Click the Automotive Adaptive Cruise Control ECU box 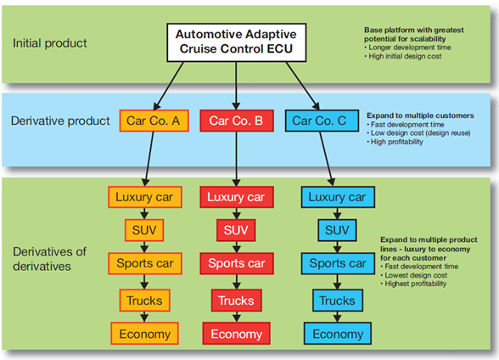[236, 42]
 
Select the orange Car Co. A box [154, 121]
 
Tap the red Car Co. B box [237, 121]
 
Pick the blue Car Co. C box [322, 121]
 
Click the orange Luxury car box [145, 197]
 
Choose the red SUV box [236, 230]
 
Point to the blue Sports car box [338, 263]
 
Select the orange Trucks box [145, 301]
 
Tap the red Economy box [237, 334]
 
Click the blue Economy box [338, 334]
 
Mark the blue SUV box [337, 230]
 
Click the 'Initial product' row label [49, 43]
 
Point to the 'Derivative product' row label [60, 121]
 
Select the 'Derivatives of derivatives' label [49, 259]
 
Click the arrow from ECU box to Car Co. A [169, 86]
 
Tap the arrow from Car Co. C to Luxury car [327, 159]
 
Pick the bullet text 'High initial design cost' [403, 56]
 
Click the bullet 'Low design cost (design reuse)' [418, 133]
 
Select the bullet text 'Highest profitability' [413, 284]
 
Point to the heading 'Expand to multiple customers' [420, 115]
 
